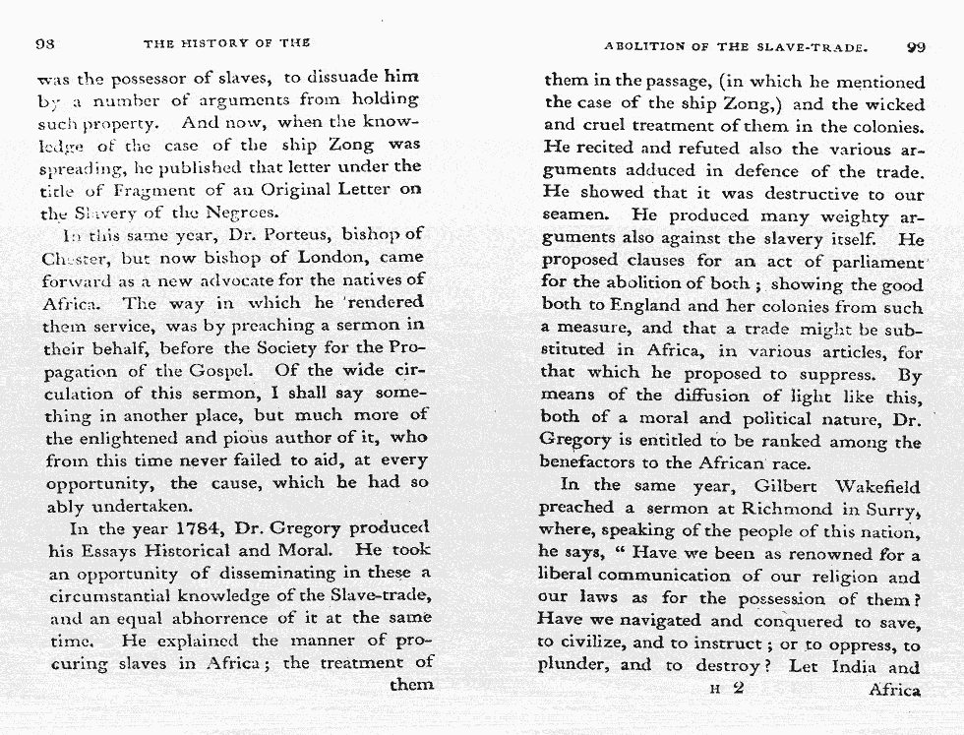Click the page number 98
[x=43, y=43]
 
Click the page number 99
[x=916, y=45]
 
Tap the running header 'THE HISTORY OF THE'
[x=226, y=43]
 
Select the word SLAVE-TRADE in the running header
[x=815, y=46]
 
